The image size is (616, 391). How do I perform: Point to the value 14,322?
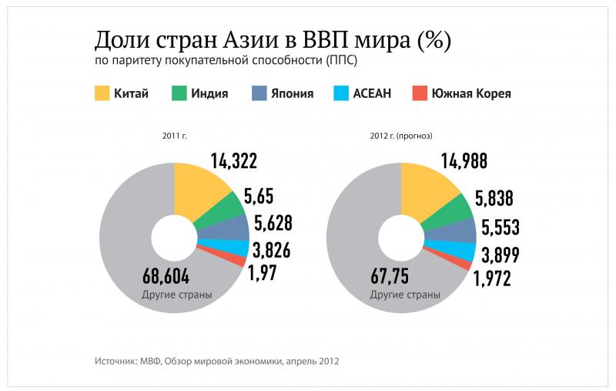233,160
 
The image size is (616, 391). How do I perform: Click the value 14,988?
464,160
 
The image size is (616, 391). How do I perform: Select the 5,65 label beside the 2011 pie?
258,196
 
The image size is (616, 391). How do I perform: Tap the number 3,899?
500,254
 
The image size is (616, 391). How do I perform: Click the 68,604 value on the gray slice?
166,276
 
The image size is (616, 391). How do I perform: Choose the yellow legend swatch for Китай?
102,93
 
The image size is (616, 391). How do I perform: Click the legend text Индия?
210,94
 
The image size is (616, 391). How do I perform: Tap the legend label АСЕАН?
373,94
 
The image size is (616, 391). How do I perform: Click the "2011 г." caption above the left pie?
174,136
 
